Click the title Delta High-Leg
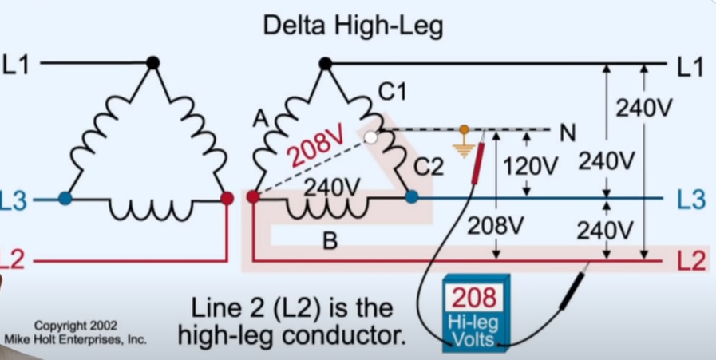click(x=353, y=26)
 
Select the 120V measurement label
click(x=528, y=166)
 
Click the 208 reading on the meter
click(x=474, y=298)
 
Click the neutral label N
click(x=568, y=133)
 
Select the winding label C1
click(x=392, y=93)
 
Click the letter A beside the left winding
click(x=260, y=120)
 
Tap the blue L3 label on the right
click(x=690, y=200)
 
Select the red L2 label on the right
click(x=690, y=261)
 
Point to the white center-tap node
click(x=370, y=138)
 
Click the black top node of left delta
click(x=153, y=62)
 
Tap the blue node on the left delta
click(x=65, y=198)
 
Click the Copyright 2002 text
click(x=75, y=326)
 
